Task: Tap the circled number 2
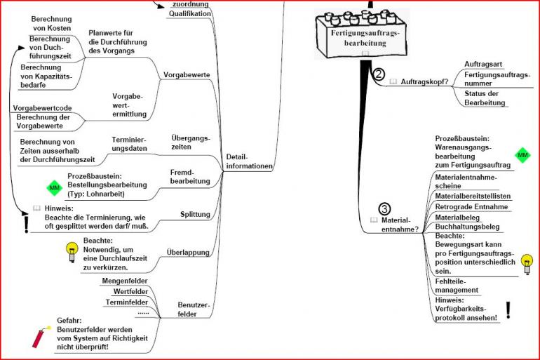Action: point(379,74)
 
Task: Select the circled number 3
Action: point(385,208)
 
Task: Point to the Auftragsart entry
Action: point(483,64)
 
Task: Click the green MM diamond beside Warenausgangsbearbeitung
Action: point(522,154)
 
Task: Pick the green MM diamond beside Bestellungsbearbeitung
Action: point(54,187)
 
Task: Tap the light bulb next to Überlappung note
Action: point(71,252)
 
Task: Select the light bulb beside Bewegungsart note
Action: point(527,263)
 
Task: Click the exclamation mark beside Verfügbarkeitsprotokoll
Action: point(508,309)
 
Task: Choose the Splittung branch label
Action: point(195,213)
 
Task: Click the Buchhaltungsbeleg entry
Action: point(467,227)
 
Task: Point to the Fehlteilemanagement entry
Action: point(457,286)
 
